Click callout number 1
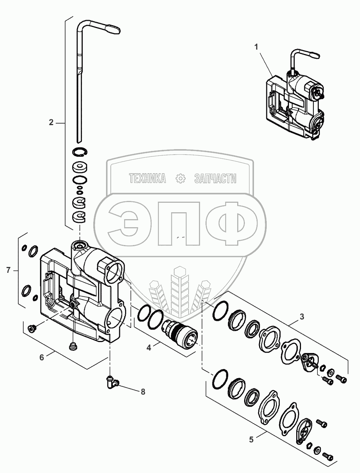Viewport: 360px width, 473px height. pyautogui.click(x=257, y=47)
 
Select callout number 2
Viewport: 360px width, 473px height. pyautogui.click(x=51, y=122)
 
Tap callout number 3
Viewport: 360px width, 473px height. pyautogui.click(x=302, y=317)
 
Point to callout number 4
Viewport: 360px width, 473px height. pyautogui.click(x=149, y=348)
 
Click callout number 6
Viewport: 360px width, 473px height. pyautogui.click(x=42, y=357)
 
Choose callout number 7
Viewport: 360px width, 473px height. pyautogui.click(x=8, y=270)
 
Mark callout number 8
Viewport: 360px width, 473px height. pyautogui.click(x=143, y=392)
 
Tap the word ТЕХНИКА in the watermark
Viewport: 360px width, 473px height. pyautogui.click(x=147, y=178)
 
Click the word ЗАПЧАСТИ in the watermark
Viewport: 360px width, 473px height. pyautogui.click(x=215, y=178)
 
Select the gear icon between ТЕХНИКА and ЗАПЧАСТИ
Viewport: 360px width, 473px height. pyautogui.click(x=180, y=178)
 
